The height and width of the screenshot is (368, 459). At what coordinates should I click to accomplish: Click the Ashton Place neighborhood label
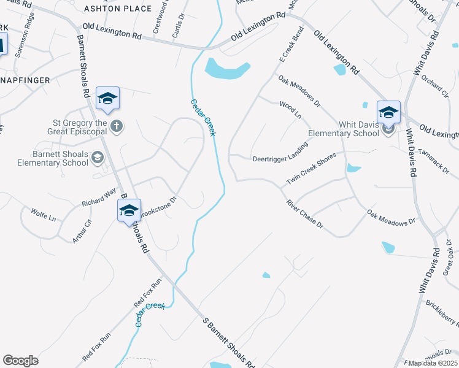pos(117,9)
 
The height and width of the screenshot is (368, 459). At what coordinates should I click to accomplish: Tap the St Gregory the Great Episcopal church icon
pos(117,126)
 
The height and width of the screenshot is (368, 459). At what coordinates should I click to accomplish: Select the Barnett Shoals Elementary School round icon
pos(97,159)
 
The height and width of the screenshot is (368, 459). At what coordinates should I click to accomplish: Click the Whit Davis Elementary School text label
pos(344,129)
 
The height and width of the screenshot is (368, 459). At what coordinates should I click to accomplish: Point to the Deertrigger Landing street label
pos(280,159)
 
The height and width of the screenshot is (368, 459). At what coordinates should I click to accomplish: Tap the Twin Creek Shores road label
pos(311,169)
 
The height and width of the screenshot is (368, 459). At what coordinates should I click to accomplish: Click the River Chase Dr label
pos(304,214)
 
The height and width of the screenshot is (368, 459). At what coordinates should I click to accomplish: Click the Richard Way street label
pos(99,197)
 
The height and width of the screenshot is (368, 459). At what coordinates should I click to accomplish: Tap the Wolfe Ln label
pos(44,216)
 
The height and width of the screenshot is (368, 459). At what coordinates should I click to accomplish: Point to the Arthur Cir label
pos(82,231)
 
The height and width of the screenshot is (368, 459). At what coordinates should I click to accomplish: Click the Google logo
pos(20,361)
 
